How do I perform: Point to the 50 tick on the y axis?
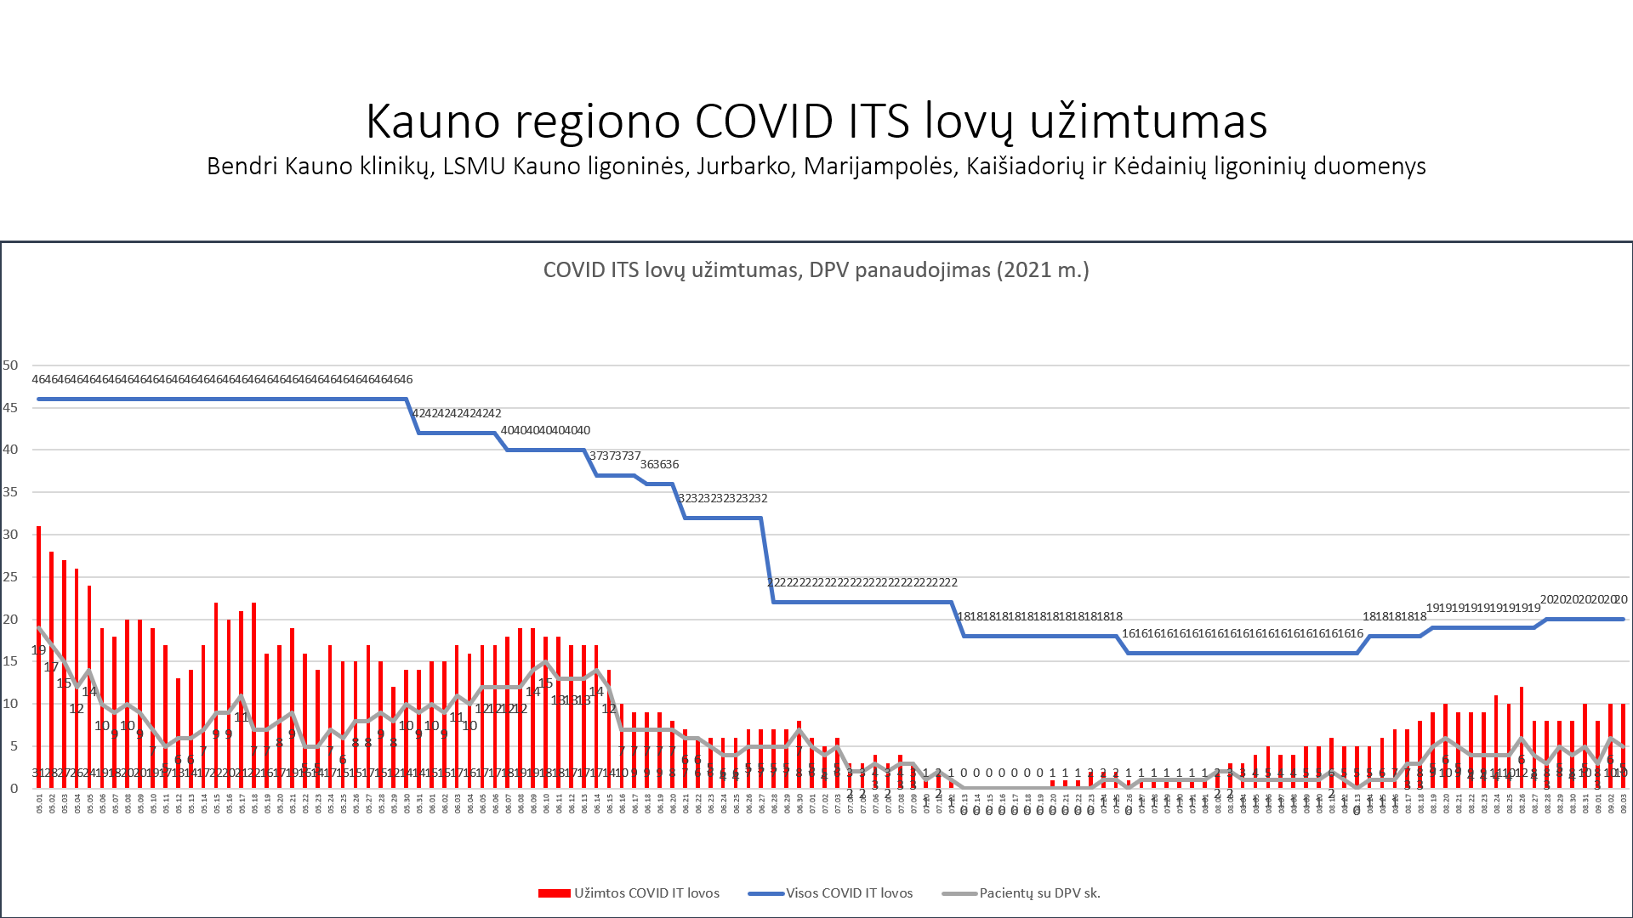[x=10, y=365]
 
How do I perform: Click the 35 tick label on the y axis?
[x=10, y=492]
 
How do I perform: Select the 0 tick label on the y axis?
[x=14, y=788]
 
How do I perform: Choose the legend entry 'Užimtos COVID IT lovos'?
[x=629, y=893]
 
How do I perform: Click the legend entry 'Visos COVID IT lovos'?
[x=831, y=893]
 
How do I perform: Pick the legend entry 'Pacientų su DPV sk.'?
[x=1021, y=893]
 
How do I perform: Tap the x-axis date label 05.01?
[x=39, y=803]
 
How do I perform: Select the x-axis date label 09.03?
[x=1624, y=803]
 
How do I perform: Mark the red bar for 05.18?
[x=254, y=693]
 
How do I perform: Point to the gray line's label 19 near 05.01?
[x=38, y=650]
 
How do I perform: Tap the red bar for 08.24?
[x=1496, y=739]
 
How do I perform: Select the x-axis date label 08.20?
[x=1446, y=803]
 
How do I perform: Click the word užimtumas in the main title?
[x=1148, y=121]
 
